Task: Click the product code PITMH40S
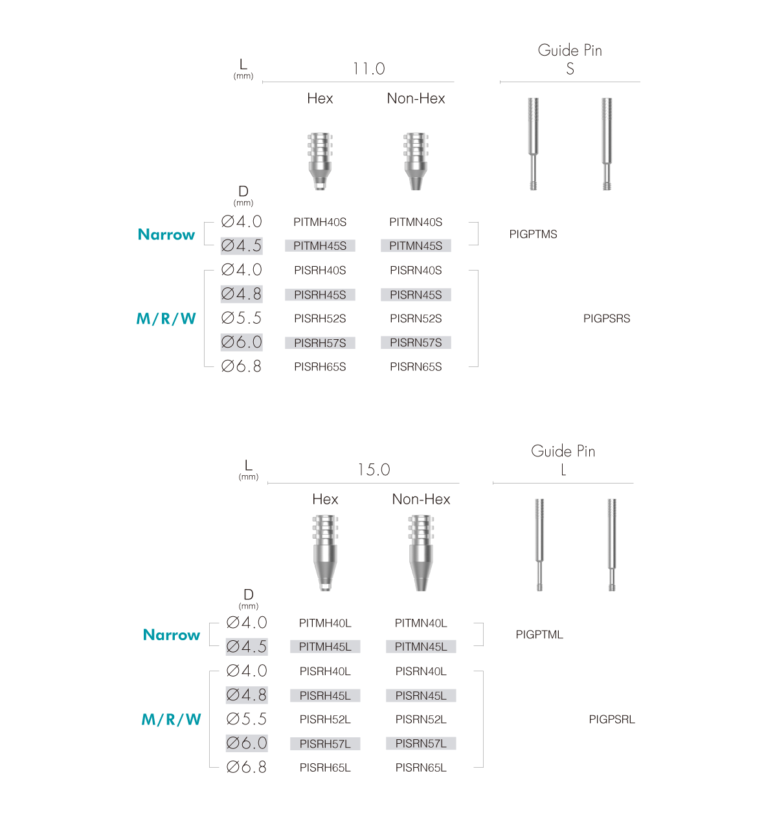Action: (320, 222)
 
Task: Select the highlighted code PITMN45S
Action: (416, 246)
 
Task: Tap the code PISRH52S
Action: (320, 318)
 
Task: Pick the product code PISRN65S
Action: (416, 366)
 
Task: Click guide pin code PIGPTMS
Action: (533, 234)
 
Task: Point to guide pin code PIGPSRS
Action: (607, 318)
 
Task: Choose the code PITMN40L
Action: (421, 623)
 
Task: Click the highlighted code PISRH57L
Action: (325, 744)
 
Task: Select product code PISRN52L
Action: (421, 719)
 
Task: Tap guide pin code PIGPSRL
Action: (612, 719)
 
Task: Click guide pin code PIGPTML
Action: (539, 634)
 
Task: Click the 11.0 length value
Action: (369, 69)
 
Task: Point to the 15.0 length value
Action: (374, 469)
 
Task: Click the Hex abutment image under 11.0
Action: (320, 161)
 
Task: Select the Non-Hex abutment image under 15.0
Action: (421, 553)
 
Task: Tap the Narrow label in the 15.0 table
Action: (172, 634)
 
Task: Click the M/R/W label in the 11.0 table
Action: (166, 318)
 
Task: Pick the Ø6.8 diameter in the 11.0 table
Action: (242, 366)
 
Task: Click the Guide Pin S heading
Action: (570, 59)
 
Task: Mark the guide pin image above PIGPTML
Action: (539, 545)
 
